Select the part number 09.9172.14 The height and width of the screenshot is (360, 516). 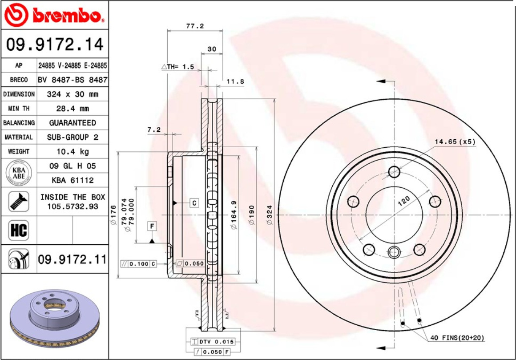(54, 44)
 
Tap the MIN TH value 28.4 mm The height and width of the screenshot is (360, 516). (73, 109)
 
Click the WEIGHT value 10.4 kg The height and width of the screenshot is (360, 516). (73, 152)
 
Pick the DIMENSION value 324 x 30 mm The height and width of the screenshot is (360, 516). (73, 94)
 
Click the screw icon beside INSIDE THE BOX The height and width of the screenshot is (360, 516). (18, 202)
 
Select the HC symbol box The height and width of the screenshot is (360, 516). (18, 230)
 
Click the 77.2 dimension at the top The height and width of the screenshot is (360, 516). (194, 26)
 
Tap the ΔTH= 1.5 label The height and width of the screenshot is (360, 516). (177, 67)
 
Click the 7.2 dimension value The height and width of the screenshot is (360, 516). (153, 130)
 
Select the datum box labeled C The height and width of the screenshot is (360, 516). (194, 203)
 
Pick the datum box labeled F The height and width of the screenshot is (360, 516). (152, 227)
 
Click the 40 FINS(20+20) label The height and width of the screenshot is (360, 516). (457, 338)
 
